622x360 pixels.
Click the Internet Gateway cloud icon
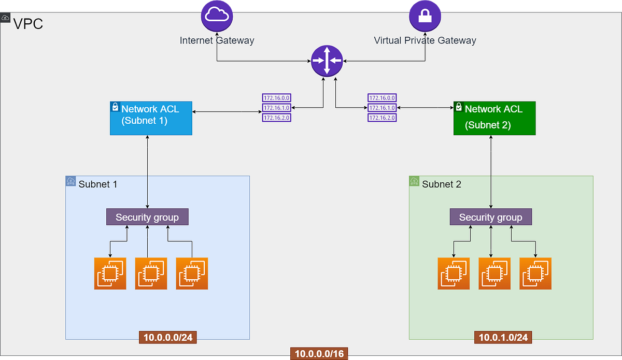(217, 15)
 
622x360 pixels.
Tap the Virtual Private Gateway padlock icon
(425, 15)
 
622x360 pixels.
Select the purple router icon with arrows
(327, 60)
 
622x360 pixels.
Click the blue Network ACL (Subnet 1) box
(151, 118)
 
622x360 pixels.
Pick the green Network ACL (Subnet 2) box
(494, 118)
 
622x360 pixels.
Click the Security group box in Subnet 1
(147, 217)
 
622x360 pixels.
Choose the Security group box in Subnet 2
(490, 217)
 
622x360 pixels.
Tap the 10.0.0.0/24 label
(168, 338)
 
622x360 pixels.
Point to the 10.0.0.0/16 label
(319, 354)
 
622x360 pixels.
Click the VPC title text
(28, 24)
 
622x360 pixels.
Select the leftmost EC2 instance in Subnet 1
(110, 273)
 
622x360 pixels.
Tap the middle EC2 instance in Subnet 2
(494, 273)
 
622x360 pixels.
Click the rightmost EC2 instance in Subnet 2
(535, 273)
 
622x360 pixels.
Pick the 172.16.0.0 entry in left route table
(276, 97)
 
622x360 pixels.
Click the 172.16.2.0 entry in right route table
(381, 118)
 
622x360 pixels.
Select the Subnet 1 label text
(97, 184)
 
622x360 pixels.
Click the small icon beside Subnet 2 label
(414, 181)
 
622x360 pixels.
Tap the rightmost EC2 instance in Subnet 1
(192, 273)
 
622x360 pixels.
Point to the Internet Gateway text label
(217, 40)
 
